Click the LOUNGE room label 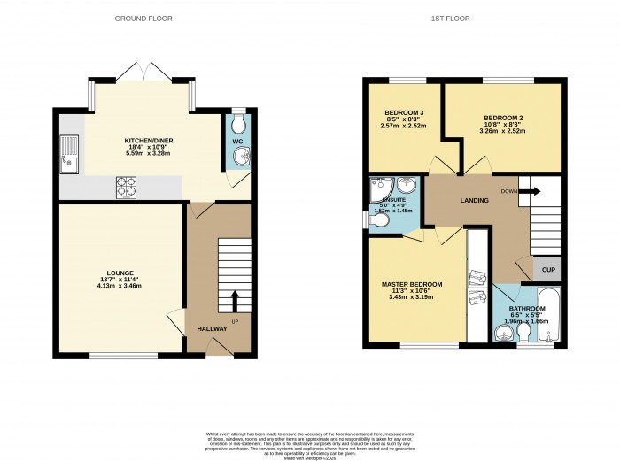(120, 273)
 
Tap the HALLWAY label (213, 329)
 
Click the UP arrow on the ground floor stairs (235, 299)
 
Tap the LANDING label (474, 201)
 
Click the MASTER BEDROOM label (412, 284)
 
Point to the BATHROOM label (527, 309)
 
